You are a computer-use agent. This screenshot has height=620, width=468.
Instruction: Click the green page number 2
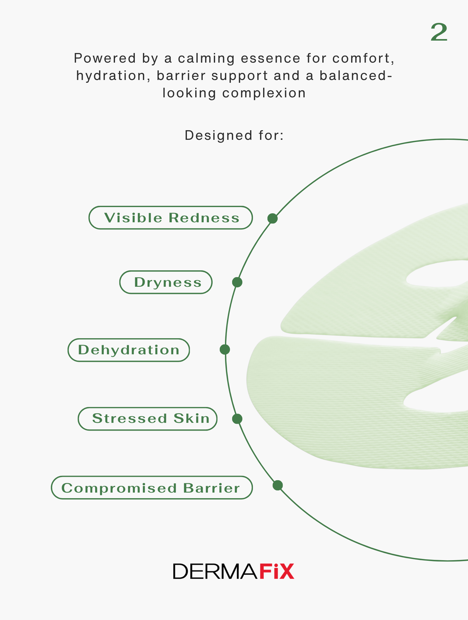coord(439,32)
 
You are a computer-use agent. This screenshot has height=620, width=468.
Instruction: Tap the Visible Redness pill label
coord(171,218)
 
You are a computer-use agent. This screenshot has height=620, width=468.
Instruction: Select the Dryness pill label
coord(166,282)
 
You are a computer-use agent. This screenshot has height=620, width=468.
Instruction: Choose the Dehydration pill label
coord(129,350)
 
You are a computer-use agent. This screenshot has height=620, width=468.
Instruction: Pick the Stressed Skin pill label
coord(148,419)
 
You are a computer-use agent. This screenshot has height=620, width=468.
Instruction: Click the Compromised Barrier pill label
coord(152,488)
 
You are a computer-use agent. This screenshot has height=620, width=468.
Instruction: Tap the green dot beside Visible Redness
coord(272,219)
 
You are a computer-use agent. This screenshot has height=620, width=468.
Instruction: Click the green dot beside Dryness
coord(237,282)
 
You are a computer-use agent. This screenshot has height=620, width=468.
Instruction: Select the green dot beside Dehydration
coord(225,349)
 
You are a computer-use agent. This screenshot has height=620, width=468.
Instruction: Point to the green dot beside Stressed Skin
coord(237,419)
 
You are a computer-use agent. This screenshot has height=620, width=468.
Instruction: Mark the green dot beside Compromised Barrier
coord(278,485)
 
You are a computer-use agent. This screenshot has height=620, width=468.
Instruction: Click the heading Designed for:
coord(234,135)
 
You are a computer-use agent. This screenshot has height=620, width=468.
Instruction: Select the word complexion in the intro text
coord(264,93)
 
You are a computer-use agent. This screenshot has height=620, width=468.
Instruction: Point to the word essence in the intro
coord(271,58)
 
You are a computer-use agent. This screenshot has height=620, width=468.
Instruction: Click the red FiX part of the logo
coord(277,571)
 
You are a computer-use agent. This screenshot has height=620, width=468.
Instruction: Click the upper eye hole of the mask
coord(437,274)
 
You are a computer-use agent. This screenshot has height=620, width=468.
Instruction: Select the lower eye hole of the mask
coord(435,399)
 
